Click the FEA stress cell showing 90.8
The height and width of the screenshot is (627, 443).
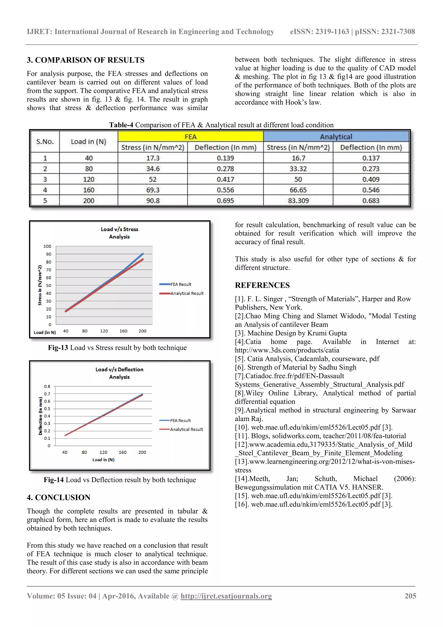point(152,200)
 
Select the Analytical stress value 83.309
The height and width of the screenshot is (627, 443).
point(298,200)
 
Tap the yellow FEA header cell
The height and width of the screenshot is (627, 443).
point(190,137)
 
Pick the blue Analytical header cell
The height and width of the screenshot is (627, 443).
point(336,137)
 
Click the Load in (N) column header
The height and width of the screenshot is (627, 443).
point(88,142)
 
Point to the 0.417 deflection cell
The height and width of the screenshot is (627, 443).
point(225,179)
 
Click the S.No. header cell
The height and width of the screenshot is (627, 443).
point(45,142)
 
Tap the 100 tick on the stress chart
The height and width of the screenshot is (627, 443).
point(47,246)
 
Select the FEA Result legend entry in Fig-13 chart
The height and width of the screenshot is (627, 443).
point(181,284)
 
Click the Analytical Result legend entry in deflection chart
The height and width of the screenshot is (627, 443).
point(186,429)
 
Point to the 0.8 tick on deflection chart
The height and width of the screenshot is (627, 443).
point(47,386)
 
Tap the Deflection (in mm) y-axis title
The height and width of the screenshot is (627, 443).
point(40,416)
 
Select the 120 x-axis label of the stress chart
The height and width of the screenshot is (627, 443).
point(104,331)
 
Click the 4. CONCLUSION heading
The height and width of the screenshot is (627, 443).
point(58,497)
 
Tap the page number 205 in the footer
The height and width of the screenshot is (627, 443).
point(410,596)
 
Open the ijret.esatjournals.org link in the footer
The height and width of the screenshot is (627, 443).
point(226,596)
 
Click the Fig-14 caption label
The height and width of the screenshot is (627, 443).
point(54,480)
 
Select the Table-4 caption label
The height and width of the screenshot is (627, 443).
point(121,125)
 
